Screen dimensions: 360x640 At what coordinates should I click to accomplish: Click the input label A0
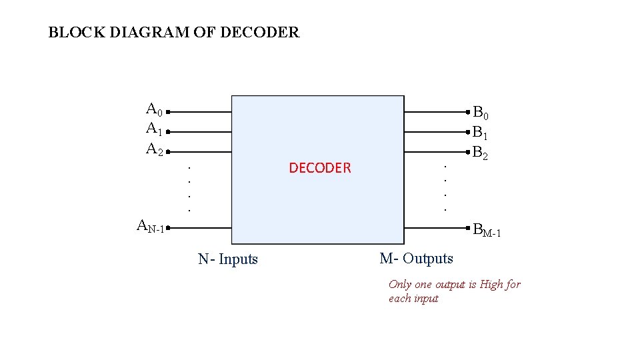click(155, 110)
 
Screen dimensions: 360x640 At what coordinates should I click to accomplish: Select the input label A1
click(155, 129)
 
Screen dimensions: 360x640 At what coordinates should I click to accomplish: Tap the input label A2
click(155, 149)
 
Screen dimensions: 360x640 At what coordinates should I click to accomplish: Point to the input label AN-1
click(151, 227)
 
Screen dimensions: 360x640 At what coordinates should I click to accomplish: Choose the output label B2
click(481, 153)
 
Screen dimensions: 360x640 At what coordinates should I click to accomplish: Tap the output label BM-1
click(487, 231)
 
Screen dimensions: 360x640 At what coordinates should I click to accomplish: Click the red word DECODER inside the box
click(319, 168)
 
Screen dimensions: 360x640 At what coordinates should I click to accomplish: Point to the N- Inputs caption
click(228, 259)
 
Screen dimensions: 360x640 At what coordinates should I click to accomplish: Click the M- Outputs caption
click(416, 258)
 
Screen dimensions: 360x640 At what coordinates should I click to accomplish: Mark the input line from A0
click(200, 113)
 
